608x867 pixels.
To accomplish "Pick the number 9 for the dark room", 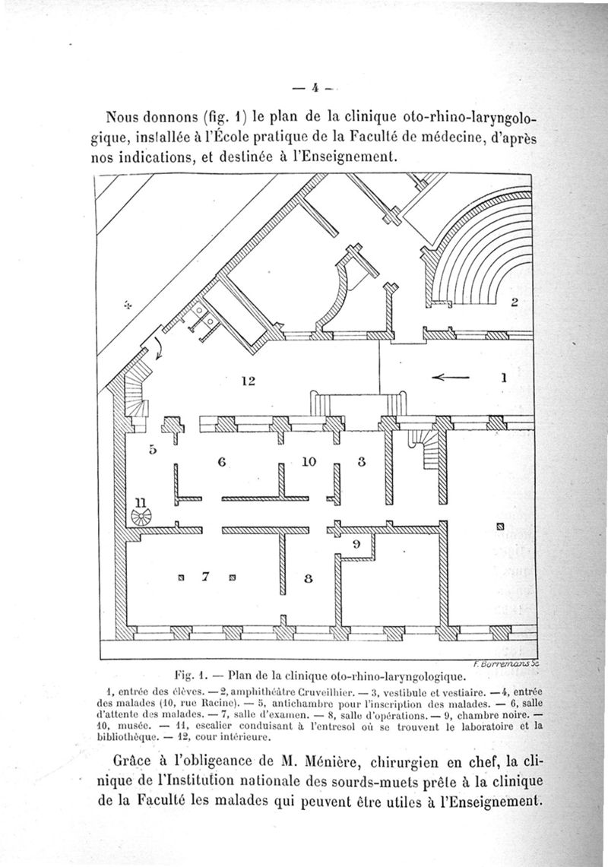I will point(355,544).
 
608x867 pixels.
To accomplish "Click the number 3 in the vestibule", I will point(362,460).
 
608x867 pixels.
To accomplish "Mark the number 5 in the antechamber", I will point(152,449).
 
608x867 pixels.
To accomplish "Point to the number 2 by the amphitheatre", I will point(514,302).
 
